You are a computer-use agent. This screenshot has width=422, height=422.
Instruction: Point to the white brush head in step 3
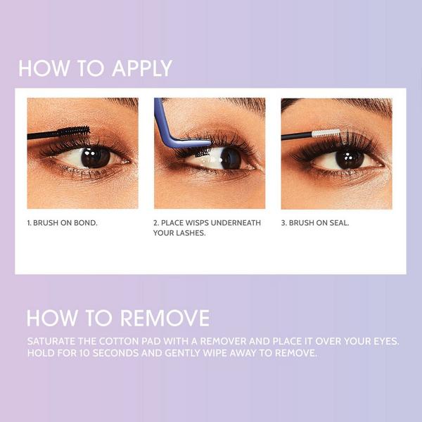pos(326,132)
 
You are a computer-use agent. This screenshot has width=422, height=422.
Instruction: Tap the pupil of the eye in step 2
pos(229,158)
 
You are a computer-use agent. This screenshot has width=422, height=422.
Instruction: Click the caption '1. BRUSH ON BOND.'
pos(62,223)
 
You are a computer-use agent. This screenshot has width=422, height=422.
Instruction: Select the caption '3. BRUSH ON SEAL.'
pos(315,223)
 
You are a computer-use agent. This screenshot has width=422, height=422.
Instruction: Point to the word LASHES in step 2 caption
pos(192,234)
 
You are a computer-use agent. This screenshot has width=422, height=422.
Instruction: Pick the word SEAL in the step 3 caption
pos(338,223)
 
